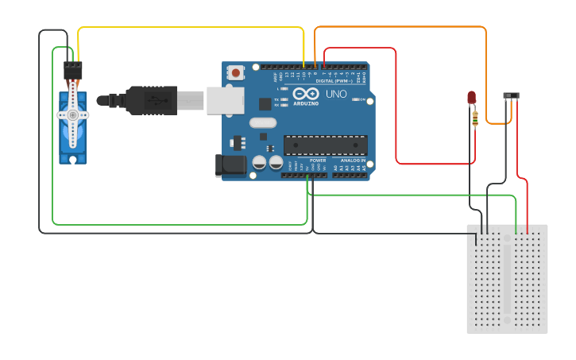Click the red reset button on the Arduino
[x=235, y=72]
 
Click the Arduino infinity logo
[x=306, y=94]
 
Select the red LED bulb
[x=471, y=97]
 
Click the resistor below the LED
[x=474, y=118]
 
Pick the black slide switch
[x=512, y=96]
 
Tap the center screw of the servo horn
[x=73, y=114]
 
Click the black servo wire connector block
[x=73, y=71]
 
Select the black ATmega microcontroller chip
[x=326, y=145]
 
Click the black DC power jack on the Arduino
[x=230, y=165]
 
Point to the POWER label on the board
[x=318, y=161]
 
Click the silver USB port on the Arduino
[x=225, y=101]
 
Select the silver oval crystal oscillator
[x=262, y=122]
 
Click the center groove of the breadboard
[x=507, y=278]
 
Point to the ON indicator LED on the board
[x=362, y=100]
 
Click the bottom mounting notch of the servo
[x=72, y=159]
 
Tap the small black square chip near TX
[x=265, y=103]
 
